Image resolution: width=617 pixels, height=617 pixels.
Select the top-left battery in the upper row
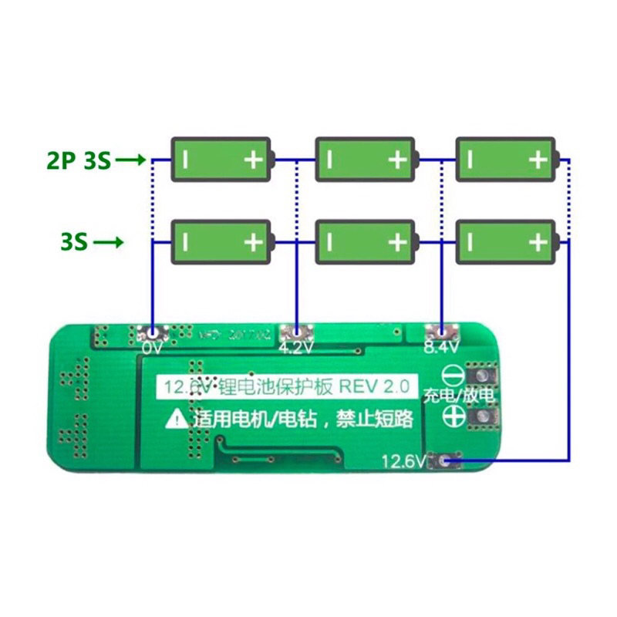tap(221, 160)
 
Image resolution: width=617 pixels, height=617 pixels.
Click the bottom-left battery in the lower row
tap(221, 242)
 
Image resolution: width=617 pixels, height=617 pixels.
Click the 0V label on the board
tap(151, 348)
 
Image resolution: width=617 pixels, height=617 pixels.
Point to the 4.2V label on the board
tap(297, 348)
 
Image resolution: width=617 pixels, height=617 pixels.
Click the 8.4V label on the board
tap(442, 348)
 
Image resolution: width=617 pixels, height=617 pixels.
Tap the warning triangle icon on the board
tap(177, 420)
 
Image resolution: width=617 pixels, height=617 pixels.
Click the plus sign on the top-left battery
tap(253, 160)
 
